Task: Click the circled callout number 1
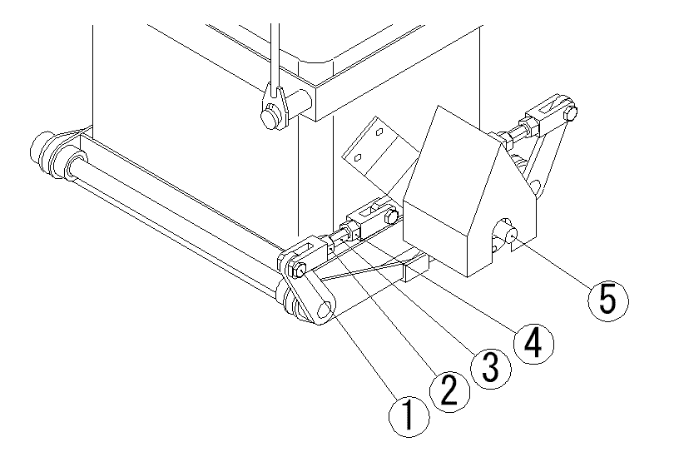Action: [407, 414]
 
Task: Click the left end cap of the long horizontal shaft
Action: [39, 150]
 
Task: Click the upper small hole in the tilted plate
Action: [379, 132]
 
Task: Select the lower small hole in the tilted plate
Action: [359, 156]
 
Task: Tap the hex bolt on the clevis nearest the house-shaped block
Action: [389, 219]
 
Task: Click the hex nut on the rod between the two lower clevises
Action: [349, 227]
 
